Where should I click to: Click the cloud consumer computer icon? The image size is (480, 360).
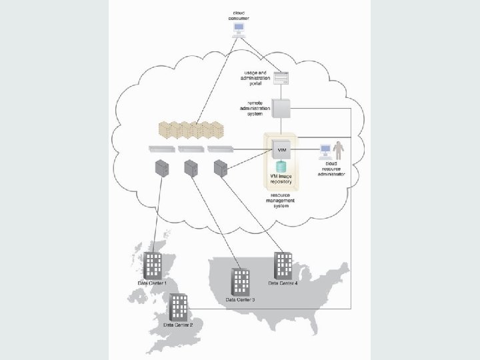pyautogui.click(x=238, y=29)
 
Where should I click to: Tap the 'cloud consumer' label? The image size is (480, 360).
pyautogui.click(x=238, y=15)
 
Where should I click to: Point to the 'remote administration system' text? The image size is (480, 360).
pyautogui.click(x=259, y=108)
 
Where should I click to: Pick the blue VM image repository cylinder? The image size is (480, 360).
pyautogui.click(x=281, y=166)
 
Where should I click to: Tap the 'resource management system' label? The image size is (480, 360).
pyautogui.click(x=280, y=201)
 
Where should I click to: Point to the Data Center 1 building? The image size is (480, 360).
pyautogui.click(x=153, y=265)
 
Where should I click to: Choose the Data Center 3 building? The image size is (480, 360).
pyautogui.click(x=240, y=283)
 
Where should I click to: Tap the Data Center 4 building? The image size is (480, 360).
pyautogui.click(x=283, y=265)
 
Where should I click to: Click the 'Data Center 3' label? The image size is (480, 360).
pyautogui.click(x=240, y=301)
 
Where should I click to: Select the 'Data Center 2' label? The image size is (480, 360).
pyautogui.click(x=175, y=325)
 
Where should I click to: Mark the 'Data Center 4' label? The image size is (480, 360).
pyautogui.click(x=283, y=283)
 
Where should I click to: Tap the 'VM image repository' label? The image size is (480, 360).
pyautogui.click(x=281, y=178)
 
